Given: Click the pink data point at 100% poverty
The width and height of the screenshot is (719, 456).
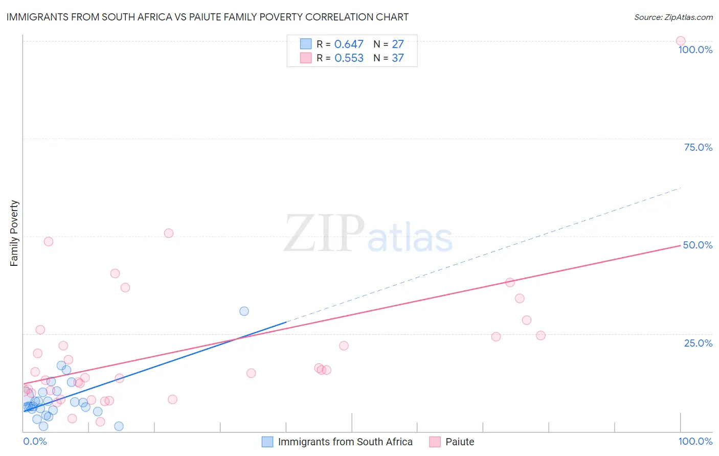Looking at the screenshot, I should coord(680,41).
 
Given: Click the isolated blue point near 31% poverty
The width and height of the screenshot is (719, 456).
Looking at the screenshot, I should coord(244,311).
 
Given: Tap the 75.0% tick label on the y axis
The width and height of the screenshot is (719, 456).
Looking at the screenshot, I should coord(698,147).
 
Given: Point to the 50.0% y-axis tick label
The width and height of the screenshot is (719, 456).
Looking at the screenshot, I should coord(698,245).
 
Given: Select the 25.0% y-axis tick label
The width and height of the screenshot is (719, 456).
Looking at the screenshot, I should coord(698,343).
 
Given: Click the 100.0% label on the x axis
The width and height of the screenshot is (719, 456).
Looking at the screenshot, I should coord(695,441).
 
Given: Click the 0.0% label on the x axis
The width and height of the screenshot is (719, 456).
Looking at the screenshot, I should coord(35,441).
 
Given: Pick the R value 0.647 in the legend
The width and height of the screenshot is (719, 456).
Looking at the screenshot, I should coord(349,44).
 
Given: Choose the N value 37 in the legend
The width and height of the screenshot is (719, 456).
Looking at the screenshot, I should coord(398,58).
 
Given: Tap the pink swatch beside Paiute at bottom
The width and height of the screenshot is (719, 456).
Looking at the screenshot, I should coord(435,442).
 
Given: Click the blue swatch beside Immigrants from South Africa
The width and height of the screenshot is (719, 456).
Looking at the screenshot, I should coord(267,442).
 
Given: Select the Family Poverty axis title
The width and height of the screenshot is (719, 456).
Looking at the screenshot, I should coord(14,233).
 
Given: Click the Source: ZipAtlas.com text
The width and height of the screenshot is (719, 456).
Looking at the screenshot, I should coord(673,17).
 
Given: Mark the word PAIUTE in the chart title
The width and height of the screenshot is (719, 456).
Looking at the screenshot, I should coord(245,17).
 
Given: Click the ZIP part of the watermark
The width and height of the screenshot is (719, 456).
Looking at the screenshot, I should coord(324,234).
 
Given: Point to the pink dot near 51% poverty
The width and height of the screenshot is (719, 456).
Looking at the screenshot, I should coord(169,233).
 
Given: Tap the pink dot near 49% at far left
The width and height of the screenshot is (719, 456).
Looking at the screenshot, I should coord(49,241).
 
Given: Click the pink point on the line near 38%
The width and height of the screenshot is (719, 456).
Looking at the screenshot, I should coord(510,282).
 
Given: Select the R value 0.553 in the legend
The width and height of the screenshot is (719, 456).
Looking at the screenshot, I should coord(349,58).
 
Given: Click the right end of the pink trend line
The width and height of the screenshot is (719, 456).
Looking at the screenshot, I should coord(680,246).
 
